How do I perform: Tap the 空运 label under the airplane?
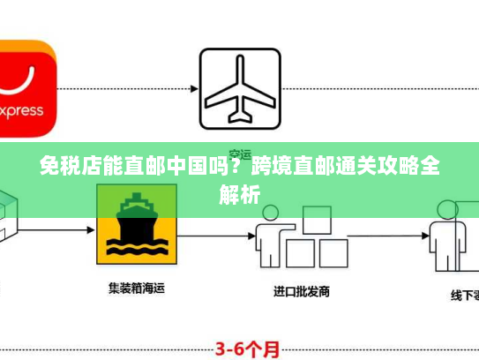(x=239, y=153)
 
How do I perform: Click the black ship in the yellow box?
(x=138, y=217)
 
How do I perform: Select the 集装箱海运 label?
(x=138, y=288)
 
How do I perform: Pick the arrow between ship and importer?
(x=213, y=231)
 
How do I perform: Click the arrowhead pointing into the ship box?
(x=90, y=231)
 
